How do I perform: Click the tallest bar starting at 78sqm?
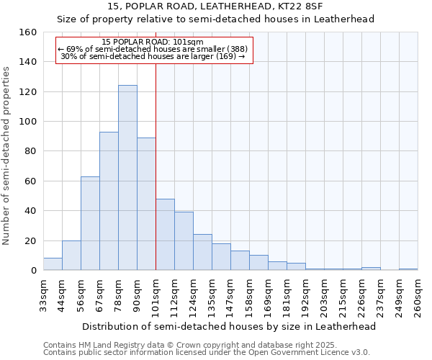coord(127,178)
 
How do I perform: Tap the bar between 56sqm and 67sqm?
coord(90,223)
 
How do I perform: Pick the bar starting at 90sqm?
coord(146,204)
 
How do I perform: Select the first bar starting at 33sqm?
coord(53,264)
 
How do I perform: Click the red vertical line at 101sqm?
coord(156,166)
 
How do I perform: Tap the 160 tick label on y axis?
coord(28,32)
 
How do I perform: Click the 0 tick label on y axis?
coord(33,271)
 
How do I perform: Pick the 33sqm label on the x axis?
coord(44,294)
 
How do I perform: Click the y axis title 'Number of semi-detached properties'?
coord(7,151)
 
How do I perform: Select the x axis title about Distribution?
coord(229,326)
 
